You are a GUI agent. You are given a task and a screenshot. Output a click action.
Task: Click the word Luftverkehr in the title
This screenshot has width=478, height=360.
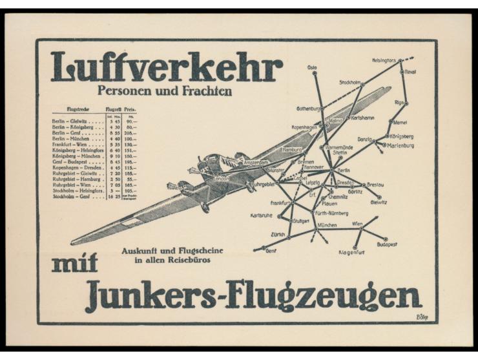tap(166, 67)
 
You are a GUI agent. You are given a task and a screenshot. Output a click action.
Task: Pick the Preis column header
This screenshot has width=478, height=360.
tap(130, 110)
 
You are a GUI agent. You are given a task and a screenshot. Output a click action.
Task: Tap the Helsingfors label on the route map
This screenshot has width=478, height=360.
tap(383, 60)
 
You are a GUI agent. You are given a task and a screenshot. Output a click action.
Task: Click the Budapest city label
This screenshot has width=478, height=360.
tap(387, 244)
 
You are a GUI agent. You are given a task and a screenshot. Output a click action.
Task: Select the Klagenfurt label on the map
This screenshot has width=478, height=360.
tap(352, 252)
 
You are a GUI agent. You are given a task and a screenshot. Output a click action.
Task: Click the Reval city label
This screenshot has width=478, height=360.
tap(410, 72)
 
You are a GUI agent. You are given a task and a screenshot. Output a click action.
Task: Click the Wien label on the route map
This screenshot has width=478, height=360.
tap(357, 224)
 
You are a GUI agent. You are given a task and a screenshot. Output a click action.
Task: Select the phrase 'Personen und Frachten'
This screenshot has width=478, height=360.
tap(164, 92)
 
